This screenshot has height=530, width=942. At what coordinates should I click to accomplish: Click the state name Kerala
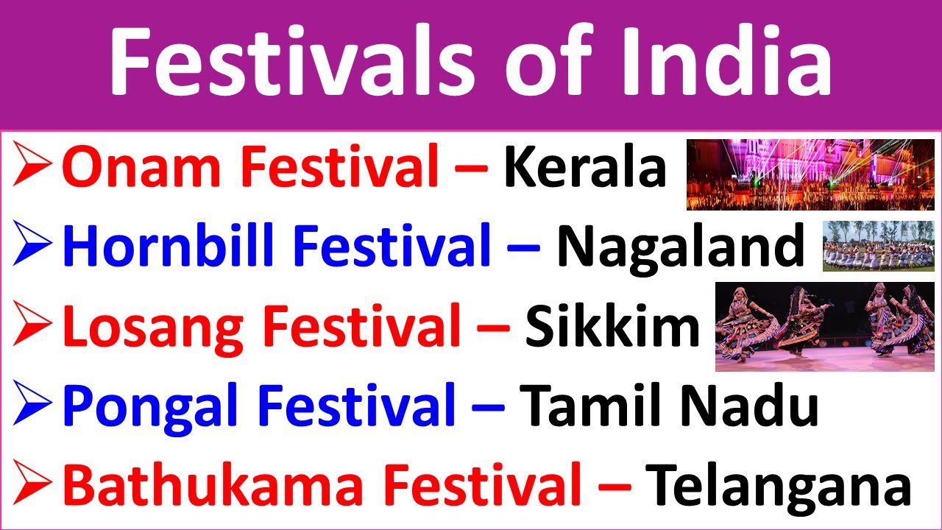coord(585,169)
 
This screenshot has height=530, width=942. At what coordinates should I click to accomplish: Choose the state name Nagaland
coord(680,247)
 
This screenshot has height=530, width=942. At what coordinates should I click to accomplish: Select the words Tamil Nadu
coord(669,406)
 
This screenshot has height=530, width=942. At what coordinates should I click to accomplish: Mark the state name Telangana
coord(778,485)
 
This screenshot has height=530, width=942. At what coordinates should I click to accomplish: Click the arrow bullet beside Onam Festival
coord(33,169)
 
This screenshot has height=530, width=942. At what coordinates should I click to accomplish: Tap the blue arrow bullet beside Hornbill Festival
coord(33,247)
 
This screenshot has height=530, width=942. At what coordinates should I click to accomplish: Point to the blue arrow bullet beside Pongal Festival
coord(33,406)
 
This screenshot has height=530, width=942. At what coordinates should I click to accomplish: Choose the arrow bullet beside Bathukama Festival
coord(33,485)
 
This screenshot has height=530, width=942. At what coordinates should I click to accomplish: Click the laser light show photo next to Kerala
coord(810,175)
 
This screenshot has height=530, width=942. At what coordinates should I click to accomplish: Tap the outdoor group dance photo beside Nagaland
coord(878,246)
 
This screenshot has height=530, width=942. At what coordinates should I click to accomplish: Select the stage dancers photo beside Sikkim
coord(824,326)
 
